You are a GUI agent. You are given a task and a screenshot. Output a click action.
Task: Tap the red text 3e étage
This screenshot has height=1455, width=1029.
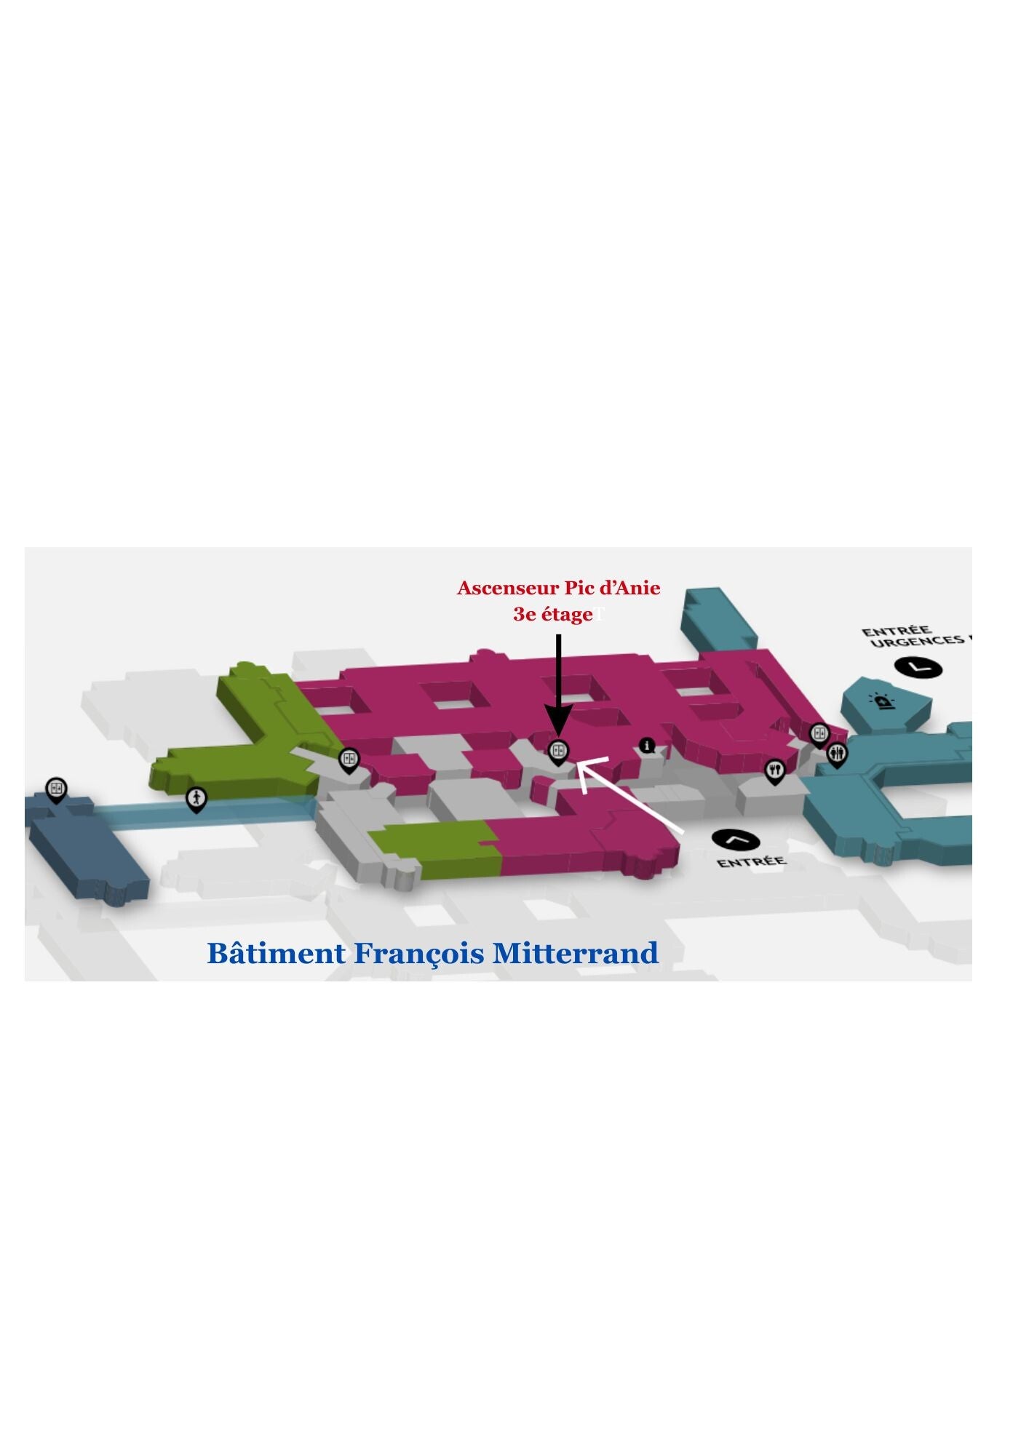click(553, 615)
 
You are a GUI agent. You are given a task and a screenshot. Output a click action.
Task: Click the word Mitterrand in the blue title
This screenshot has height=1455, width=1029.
click(575, 953)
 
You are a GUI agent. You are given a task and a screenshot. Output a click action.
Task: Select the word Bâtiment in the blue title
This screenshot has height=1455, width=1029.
click(276, 953)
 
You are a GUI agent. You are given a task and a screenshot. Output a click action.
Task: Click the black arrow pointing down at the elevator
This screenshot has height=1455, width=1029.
click(558, 684)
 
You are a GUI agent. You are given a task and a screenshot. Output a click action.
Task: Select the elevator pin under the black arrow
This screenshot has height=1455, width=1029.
click(558, 750)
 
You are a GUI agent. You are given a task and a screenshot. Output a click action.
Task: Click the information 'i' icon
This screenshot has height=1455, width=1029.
click(647, 746)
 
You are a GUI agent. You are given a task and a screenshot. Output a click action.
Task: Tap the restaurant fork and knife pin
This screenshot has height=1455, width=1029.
click(774, 770)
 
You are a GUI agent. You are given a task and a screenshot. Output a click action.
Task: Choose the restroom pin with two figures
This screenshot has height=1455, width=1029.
click(838, 754)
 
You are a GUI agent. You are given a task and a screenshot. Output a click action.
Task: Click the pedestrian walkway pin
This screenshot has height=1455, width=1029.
click(196, 799)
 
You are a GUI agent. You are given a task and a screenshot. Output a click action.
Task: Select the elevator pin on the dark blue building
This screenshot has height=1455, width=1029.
click(56, 789)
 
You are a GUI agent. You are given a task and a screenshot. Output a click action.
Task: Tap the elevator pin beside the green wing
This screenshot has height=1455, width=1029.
click(349, 760)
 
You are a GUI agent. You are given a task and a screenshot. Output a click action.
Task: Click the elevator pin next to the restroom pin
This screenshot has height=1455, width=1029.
click(819, 733)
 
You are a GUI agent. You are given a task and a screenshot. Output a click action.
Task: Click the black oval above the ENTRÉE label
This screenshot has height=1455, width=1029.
click(736, 840)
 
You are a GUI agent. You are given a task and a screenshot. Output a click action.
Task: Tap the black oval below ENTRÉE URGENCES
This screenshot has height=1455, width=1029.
click(918, 667)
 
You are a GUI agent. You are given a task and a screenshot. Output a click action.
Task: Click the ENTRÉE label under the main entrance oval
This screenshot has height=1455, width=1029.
click(751, 862)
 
